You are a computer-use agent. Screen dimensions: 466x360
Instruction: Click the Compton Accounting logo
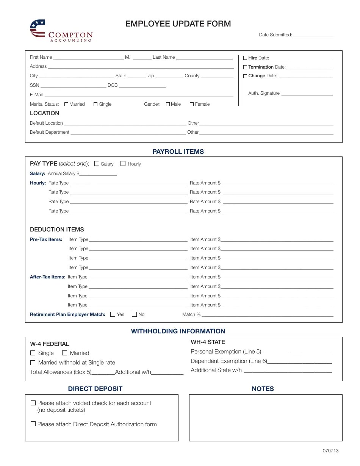click(x=61, y=31)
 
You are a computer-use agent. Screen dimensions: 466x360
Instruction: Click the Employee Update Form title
click(x=178, y=24)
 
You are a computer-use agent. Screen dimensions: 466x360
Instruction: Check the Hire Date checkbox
click(x=245, y=58)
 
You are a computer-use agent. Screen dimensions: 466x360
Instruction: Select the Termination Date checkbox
click(x=245, y=67)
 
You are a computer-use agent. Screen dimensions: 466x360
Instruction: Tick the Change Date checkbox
click(x=245, y=76)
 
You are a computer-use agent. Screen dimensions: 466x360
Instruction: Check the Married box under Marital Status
click(x=66, y=104)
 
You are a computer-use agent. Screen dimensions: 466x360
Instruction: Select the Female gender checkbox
click(x=192, y=104)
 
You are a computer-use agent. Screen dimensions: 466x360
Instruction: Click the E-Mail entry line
click(x=139, y=95)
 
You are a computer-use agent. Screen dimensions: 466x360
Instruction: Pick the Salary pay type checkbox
click(x=97, y=164)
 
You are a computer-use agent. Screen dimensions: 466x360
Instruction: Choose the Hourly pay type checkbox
click(x=123, y=164)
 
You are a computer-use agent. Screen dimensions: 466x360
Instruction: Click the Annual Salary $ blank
click(x=99, y=174)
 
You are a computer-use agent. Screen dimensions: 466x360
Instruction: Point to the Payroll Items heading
click(x=178, y=152)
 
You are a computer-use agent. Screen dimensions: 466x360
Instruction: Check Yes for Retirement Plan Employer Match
click(x=113, y=314)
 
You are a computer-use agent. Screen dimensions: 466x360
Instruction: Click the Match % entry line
click(x=268, y=315)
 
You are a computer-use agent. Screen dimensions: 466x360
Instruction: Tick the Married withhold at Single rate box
click(x=33, y=363)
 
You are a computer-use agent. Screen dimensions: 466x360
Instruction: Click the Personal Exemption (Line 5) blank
click(x=296, y=352)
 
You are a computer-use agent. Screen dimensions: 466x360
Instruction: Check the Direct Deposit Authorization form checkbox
click(x=33, y=424)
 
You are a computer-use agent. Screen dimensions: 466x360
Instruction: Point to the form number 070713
click(x=330, y=451)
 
